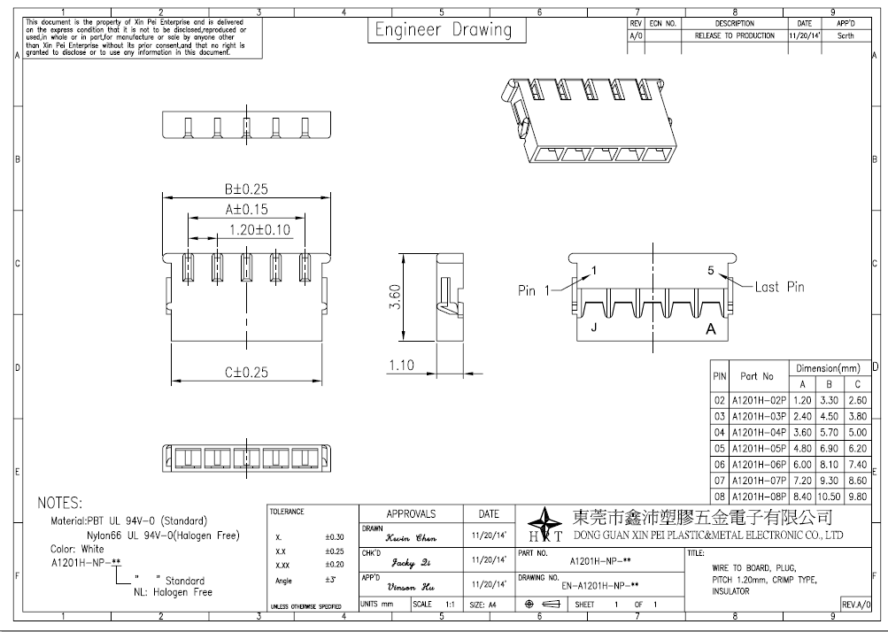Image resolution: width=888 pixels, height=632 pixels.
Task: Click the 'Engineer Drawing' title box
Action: (x=446, y=30)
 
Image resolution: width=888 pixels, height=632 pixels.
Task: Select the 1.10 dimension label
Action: (x=401, y=366)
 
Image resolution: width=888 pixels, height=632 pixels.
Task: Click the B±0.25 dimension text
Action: (x=246, y=189)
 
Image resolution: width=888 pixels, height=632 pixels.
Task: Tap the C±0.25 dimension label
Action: (x=246, y=372)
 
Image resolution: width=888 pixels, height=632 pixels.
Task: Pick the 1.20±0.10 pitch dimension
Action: (x=259, y=229)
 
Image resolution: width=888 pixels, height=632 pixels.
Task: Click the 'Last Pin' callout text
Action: (x=779, y=287)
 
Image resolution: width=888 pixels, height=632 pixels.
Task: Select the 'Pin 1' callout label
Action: (x=534, y=290)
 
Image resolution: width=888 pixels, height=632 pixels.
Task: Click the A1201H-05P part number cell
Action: (x=759, y=449)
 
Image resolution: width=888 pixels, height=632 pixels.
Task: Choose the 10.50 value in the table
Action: (x=829, y=497)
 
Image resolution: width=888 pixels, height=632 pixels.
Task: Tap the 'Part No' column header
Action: (x=757, y=376)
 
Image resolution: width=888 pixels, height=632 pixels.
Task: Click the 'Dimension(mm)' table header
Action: (x=828, y=368)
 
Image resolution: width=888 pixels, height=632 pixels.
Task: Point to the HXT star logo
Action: (x=544, y=524)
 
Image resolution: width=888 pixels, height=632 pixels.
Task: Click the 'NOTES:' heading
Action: (x=59, y=503)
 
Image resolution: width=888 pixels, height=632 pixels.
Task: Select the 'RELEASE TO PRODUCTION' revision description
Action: (x=735, y=35)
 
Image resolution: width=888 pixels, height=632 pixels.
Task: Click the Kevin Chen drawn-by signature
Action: (x=411, y=538)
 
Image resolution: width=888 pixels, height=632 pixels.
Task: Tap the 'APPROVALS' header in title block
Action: (x=411, y=514)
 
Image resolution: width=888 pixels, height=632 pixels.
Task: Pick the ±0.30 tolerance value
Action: (x=334, y=537)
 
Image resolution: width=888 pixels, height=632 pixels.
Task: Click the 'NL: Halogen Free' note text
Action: (x=173, y=592)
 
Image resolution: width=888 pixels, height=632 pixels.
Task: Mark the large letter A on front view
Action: (x=711, y=329)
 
